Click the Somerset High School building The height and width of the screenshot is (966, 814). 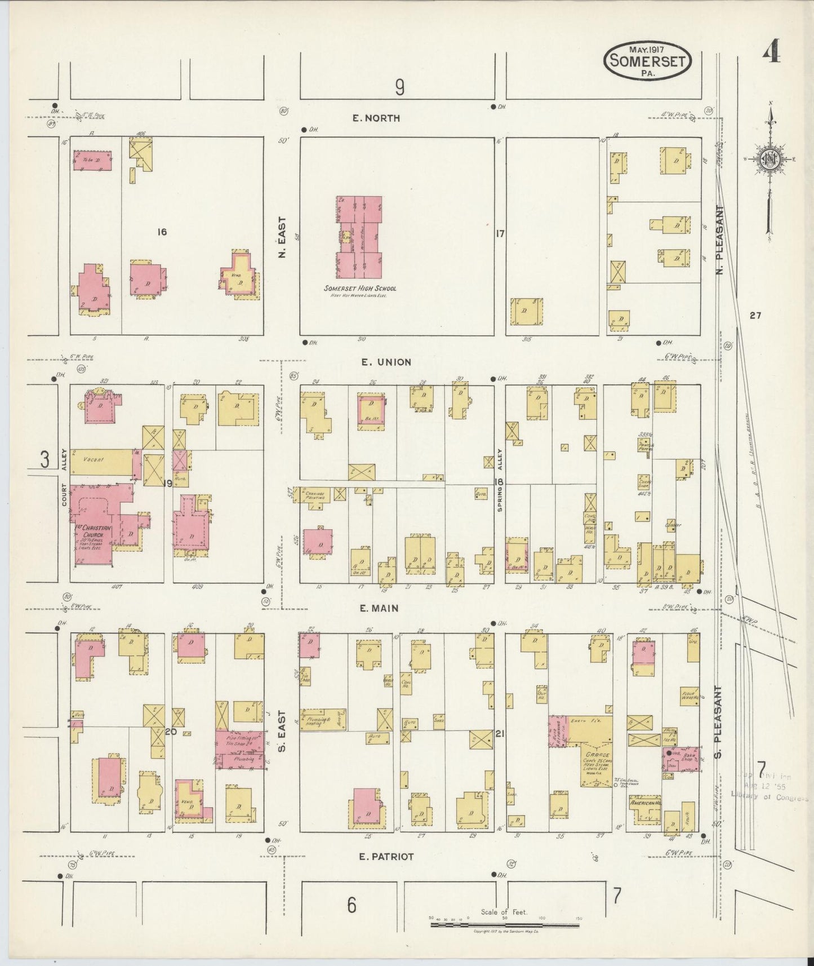359,237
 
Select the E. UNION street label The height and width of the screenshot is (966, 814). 386,362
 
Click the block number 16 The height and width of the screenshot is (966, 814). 162,232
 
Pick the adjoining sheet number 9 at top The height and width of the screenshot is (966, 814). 399,87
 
